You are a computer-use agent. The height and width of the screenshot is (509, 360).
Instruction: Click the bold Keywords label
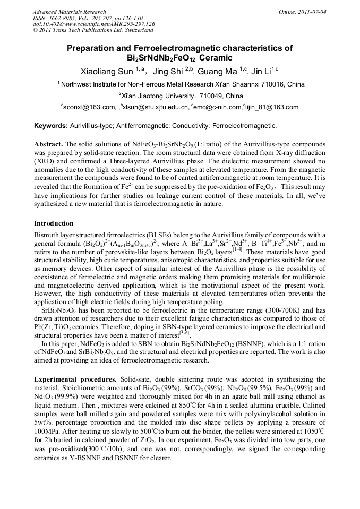pyautogui.click(x=51, y=126)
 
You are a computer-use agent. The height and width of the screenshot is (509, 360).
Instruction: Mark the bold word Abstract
pyautogui.click(x=49, y=144)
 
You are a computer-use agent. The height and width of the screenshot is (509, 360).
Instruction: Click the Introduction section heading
pyautogui.click(x=54, y=223)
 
